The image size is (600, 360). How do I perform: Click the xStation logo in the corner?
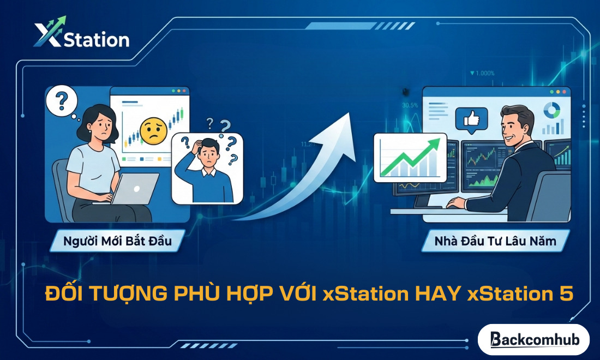(81, 34)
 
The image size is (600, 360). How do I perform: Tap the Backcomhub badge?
(533, 339)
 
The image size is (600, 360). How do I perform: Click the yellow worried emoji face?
(153, 130)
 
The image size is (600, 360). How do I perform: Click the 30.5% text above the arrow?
(410, 105)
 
